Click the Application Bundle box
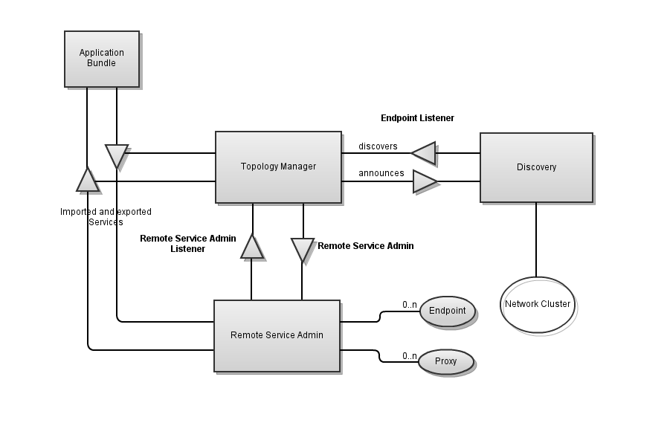pyautogui.click(x=102, y=59)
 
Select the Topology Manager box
pyautogui.click(x=278, y=167)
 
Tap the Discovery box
pyautogui.click(x=536, y=167)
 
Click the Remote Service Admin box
pyautogui.click(x=277, y=335)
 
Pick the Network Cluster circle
pyautogui.click(x=538, y=305)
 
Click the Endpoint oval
pyautogui.click(x=447, y=311)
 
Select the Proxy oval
pyautogui.click(x=445, y=362)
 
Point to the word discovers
pyautogui.click(x=378, y=146)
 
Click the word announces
pyautogui.click(x=381, y=174)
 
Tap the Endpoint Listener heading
pyautogui.click(x=417, y=118)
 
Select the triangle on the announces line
pyautogui.click(x=425, y=181)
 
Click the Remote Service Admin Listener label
pyautogui.click(x=188, y=244)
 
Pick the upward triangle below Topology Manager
pyautogui.click(x=252, y=248)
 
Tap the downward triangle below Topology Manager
pyautogui.click(x=302, y=248)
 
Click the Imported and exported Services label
pyautogui.click(x=106, y=217)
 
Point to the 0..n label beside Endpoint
pyautogui.click(x=410, y=305)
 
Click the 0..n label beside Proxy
pyautogui.click(x=410, y=356)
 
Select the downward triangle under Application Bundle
pyautogui.click(x=117, y=155)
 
